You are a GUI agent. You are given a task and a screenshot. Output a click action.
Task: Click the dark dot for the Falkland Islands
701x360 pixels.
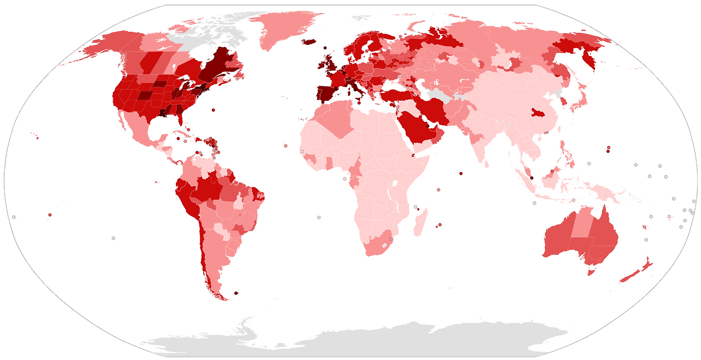tap(236, 293)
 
